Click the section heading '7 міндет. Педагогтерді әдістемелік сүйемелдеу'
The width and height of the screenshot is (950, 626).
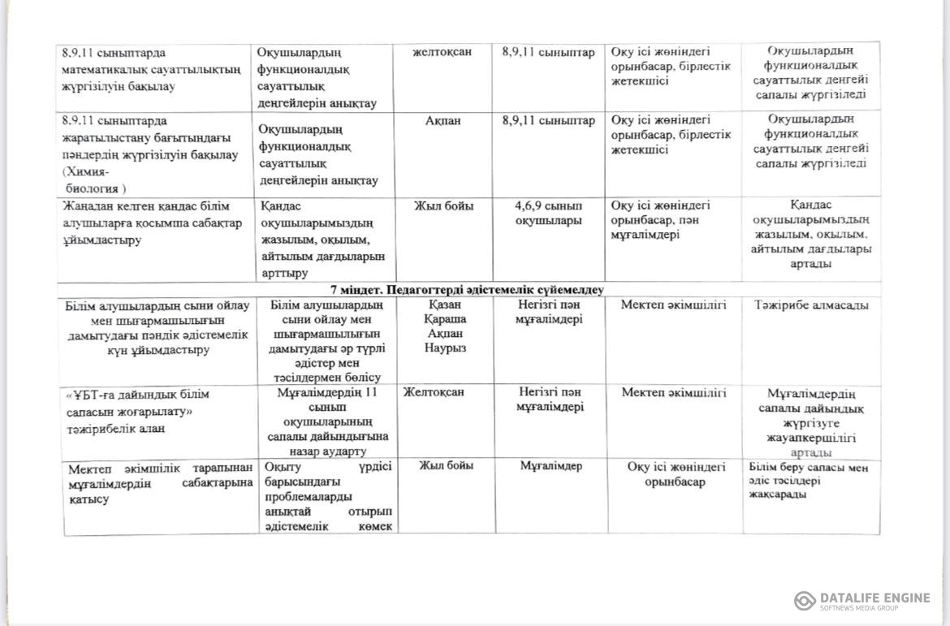click(x=467, y=289)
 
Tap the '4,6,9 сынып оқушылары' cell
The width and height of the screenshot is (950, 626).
click(x=548, y=213)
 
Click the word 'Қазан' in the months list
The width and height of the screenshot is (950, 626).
click(x=446, y=304)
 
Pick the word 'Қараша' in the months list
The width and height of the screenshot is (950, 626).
click(x=446, y=319)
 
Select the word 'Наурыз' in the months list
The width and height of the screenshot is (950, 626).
click(x=446, y=348)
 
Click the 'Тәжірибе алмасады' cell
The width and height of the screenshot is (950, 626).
click(x=810, y=305)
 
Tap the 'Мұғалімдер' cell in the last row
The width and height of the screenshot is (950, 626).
click(x=551, y=466)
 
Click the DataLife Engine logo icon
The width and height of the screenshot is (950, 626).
click(x=805, y=601)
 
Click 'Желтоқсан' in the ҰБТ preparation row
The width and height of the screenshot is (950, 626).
click(x=434, y=392)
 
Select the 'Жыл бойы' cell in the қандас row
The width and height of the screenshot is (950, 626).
click(x=444, y=205)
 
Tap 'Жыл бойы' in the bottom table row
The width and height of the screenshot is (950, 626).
click(x=446, y=466)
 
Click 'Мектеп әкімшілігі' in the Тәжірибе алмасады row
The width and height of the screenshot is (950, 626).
click(x=674, y=305)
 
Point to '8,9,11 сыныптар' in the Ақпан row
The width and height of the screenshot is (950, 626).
click(x=548, y=120)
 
